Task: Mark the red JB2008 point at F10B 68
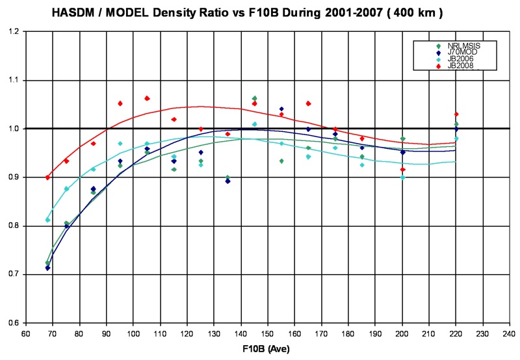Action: coord(47,177)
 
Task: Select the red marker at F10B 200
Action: coord(403,170)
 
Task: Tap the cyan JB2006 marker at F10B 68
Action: coord(47,220)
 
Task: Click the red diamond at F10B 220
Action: coord(456,114)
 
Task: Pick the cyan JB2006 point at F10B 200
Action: coord(403,177)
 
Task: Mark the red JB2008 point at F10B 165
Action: coord(308,103)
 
